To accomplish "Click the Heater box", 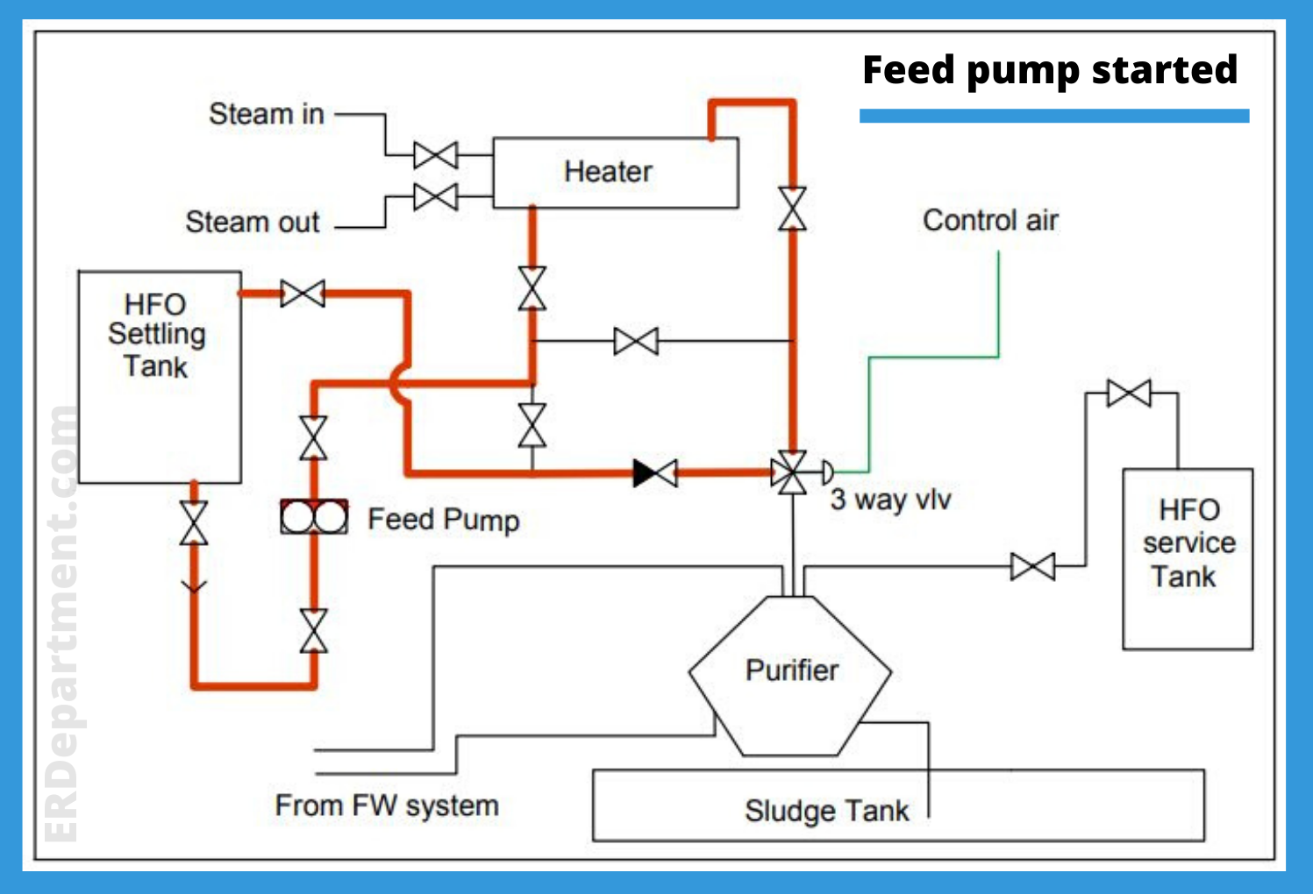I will pyautogui.click(x=615, y=172).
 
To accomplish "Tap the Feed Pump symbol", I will pyautogui.click(x=313, y=517).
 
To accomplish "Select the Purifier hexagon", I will pyautogui.click(x=790, y=675).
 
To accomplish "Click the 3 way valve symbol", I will pyautogui.click(x=792, y=473).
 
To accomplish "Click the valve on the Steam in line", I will pyautogui.click(x=435, y=155).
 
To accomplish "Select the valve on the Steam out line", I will pyautogui.click(x=435, y=196).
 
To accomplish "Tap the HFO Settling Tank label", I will pyautogui.click(x=156, y=335).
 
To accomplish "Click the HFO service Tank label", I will pyautogui.click(x=1188, y=543).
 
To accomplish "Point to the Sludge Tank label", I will pyautogui.click(x=826, y=811).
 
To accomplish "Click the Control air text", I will pyautogui.click(x=990, y=220).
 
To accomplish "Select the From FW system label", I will pyautogui.click(x=387, y=805).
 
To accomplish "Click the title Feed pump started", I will pyautogui.click(x=1050, y=70).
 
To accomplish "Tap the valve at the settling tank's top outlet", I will pyautogui.click(x=303, y=294).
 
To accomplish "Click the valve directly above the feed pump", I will pyautogui.click(x=313, y=438).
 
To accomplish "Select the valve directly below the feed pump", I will pyautogui.click(x=313, y=631).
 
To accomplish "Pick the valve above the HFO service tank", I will pyautogui.click(x=1129, y=393).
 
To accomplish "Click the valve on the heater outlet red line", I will pyautogui.click(x=792, y=209).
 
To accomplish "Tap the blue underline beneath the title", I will pyautogui.click(x=1053, y=116).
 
